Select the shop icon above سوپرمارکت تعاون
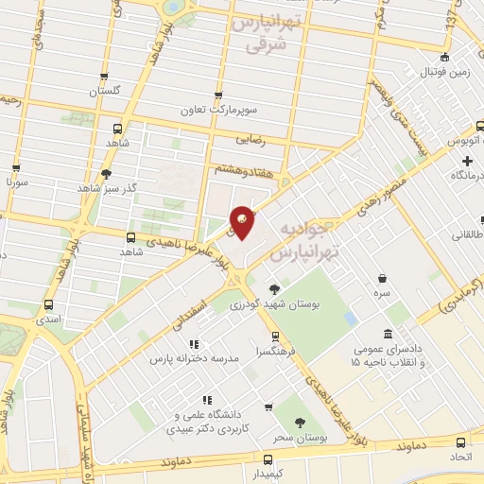[x=219, y=95]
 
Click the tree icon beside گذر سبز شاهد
[x=106, y=174]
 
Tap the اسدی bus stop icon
[x=49, y=305]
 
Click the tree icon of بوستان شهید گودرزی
[x=274, y=289]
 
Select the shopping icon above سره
[x=382, y=279]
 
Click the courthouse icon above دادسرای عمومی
[x=389, y=333]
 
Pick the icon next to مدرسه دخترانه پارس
[x=194, y=345]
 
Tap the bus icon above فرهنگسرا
[x=274, y=336]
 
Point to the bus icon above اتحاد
[x=459, y=442]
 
